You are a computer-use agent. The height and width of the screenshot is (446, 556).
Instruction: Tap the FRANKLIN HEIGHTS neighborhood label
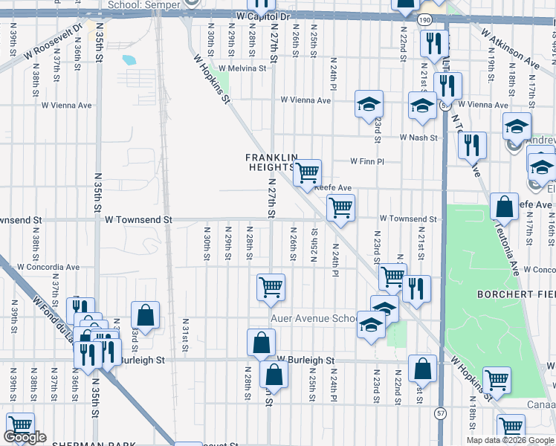click(x=272, y=162)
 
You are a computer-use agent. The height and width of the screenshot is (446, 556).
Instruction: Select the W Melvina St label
click(x=242, y=68)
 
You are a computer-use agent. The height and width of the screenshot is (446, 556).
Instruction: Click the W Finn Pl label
click(x=367, y=161)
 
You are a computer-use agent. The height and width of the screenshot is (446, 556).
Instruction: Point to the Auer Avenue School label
click(x=316, y=318)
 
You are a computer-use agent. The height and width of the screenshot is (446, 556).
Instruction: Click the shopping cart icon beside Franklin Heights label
click(x=307, y=174)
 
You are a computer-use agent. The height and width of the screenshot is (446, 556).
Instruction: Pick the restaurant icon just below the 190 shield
click(x=432, y=45)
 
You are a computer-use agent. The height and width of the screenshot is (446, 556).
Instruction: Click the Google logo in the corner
click(x=25, y=437)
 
